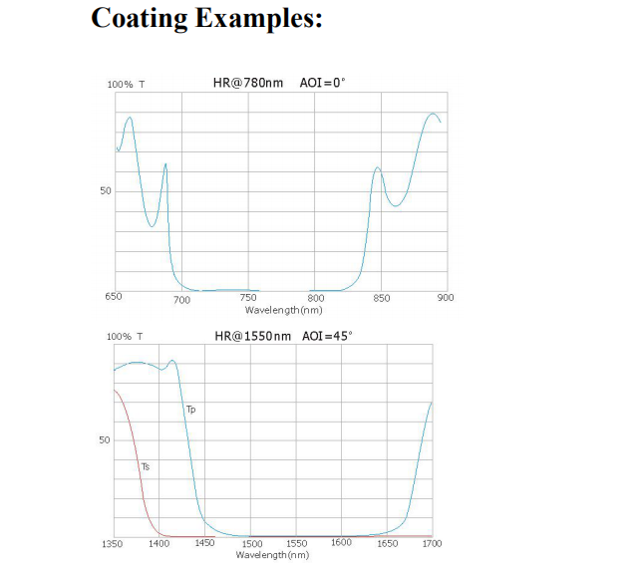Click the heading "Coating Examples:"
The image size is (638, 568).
click(x=206, y=19)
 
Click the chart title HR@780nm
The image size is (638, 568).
click(x=250, y=83)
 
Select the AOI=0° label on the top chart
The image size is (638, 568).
click(x=322, y=83)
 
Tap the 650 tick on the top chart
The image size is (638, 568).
click(x=114, y=296)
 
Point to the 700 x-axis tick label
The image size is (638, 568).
click(x=182, y=300)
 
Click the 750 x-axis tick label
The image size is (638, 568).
click(x=249, y=296)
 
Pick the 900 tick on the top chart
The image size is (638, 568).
click(x=445, y=296)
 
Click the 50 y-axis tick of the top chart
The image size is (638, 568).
click(x=106, y=190)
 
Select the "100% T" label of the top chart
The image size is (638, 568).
click(x=126, y=85)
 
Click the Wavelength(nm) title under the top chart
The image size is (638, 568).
click(x=283, y=309)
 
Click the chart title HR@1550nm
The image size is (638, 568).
click(x=253, y=335)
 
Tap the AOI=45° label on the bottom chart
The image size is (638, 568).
click(x=327, y=335)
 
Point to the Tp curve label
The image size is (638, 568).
click(x=190, y=409)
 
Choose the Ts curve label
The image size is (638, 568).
click(x=146, y=465)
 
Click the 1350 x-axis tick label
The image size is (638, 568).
click(x=114, y=543)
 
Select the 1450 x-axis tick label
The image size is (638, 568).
click(x=203, y=543)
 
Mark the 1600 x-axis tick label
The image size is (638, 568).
click(x=341, y=542)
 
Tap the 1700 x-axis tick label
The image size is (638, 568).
click(x=432, y=543)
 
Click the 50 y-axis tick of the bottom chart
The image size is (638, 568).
click(x=104, y=439)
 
